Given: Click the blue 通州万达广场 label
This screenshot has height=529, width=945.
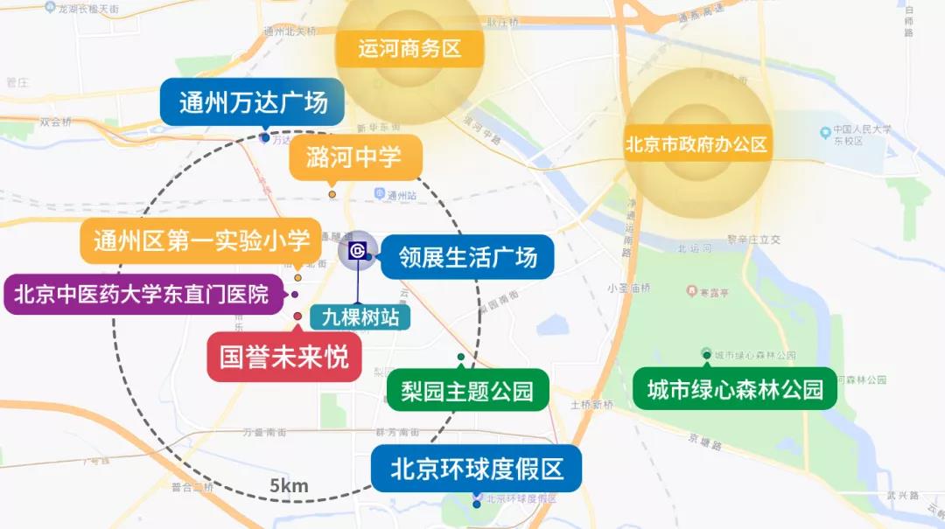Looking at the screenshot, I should (x=253, y=103).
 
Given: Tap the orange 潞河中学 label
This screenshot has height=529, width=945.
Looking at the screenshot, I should (x=354, y=157).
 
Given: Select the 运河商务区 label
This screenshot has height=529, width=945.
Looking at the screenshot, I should (x=409, y=48).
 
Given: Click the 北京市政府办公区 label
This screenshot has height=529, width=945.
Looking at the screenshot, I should (x=696, y=144).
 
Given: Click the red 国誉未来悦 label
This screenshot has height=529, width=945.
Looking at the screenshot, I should (x=283, y=357).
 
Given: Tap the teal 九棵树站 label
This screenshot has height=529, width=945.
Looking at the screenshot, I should (x=360, y=317).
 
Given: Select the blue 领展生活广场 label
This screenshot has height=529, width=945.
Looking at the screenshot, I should (x=467, y=257).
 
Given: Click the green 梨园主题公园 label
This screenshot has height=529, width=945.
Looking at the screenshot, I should (x=467, y=390).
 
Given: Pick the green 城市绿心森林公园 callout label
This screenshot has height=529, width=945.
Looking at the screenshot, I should (x=735, y=389).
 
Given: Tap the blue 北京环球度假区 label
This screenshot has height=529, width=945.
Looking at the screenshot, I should (x=477, y=469).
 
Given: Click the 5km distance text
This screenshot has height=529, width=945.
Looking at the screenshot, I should (x=289, y=486).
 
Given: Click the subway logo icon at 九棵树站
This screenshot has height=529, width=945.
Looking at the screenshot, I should (x=357, y=251).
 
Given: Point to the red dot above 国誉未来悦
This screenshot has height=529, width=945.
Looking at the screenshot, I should (x=297, y=317).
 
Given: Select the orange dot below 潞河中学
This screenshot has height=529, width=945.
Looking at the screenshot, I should (x=332, y=194).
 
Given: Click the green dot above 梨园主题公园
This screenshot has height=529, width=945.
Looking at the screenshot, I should (x=460, y=358).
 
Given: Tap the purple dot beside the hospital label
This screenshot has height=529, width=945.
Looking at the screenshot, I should (x=295, y=295).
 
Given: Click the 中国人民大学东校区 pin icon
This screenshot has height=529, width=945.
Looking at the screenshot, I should (x=825, y=133).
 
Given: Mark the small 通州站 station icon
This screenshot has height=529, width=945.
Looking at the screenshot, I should (x=379, y=193).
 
